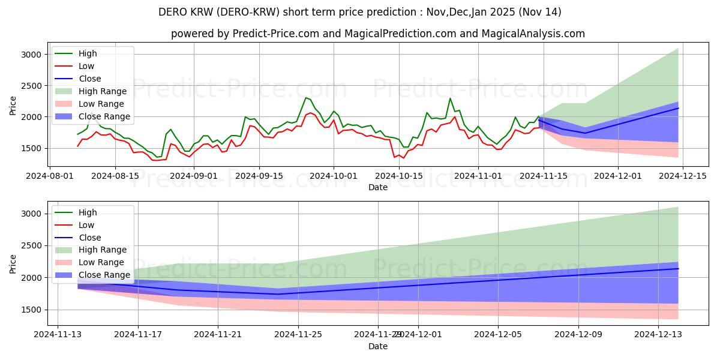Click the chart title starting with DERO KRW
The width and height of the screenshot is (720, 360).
click(360, 12)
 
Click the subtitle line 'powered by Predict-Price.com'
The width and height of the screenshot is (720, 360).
click(378, 34)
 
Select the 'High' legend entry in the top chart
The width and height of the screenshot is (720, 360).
click(88, 53)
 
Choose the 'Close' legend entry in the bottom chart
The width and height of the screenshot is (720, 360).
click(90, 238)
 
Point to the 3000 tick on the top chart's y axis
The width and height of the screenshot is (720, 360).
click(31, 55)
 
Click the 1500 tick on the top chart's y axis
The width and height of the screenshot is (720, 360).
click(31, 148)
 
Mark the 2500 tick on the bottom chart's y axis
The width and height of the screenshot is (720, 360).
click(31, 245)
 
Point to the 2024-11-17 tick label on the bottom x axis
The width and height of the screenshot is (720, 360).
click(138, 335)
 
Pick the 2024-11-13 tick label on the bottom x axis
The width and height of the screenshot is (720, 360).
click(58, 335)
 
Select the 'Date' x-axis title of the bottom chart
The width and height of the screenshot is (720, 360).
click(378, 346)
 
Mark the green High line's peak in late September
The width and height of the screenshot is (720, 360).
click(306, 97)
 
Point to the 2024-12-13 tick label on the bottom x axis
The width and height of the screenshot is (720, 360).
click(659, 335)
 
